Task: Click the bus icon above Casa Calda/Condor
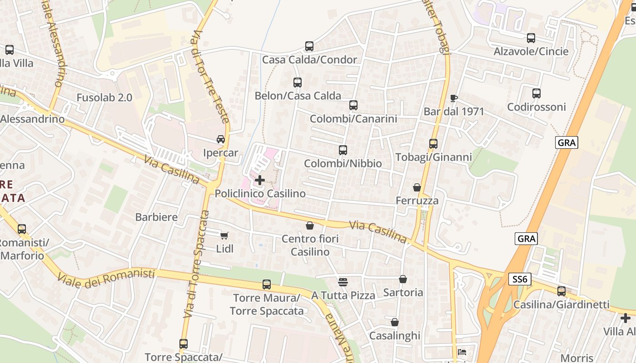pos(309,46)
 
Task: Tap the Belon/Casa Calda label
pos(298,96)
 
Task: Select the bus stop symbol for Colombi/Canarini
pos(353,105)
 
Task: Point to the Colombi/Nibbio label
pos(343,163)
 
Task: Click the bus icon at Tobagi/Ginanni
pos(433,144)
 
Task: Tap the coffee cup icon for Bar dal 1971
pos(453,98)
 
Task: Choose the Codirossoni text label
pos(537,107)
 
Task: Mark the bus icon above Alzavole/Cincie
pos(531,38)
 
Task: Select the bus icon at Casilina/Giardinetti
pos(561,291)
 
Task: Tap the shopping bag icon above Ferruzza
pos(417,187)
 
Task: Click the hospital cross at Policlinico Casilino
pos(260,180)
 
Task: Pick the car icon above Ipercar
pos(221,139)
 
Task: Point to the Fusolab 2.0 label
pos(104,98)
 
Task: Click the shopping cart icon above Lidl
pos(224,235)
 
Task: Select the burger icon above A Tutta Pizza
pos(343,282)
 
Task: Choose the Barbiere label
pos(156,217)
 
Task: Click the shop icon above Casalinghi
pos(395,322)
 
